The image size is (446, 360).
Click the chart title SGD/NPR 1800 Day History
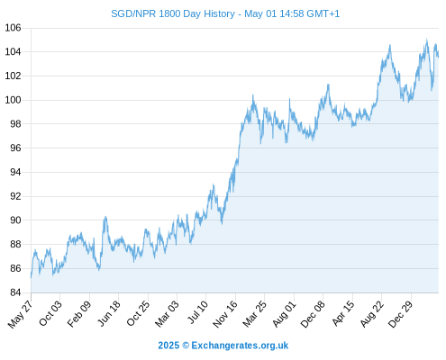pyautogui.click(x=173, y=13)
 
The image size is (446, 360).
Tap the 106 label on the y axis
pyautogui.click(x=13, y=28)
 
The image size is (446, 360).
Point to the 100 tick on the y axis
pyautogui.click(x=13, y=100)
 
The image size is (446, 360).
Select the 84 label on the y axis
pyautogui.click(x=15, y=292)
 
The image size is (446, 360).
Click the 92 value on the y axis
pyautogui.click(x=15, y=196)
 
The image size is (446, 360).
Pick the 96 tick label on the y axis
pyautogui.click(x=15, y=148)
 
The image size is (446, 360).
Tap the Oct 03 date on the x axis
pyautogui.click(x=50, y=313)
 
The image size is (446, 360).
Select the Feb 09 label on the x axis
pyautogui.click(x=79, y=313)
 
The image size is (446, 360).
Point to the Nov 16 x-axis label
pyautogui.click(x=225, y=314)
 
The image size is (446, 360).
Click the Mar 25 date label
pyautogui.click(x=255, y=313)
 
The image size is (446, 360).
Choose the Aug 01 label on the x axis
pyautogui.click(x=284, y=313)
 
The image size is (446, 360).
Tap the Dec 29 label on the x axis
pyautogui.click(x=400, y=314)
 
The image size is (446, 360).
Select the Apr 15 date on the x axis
pyautogui.click(x=343, y=313)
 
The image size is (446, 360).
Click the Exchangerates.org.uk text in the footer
pyautogui.click(x=240, y=346)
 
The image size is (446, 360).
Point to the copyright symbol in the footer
pyautogui.click(x=186, y=346)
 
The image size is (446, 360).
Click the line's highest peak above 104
pyautogui.click(x=426, y=40)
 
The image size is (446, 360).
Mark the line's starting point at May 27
pyautogui.click(x=31, y=277)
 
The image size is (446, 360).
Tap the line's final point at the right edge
pyautogui.click(x=439, y=57)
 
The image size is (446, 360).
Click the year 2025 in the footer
pyautogui.click(x=168, y=346)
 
